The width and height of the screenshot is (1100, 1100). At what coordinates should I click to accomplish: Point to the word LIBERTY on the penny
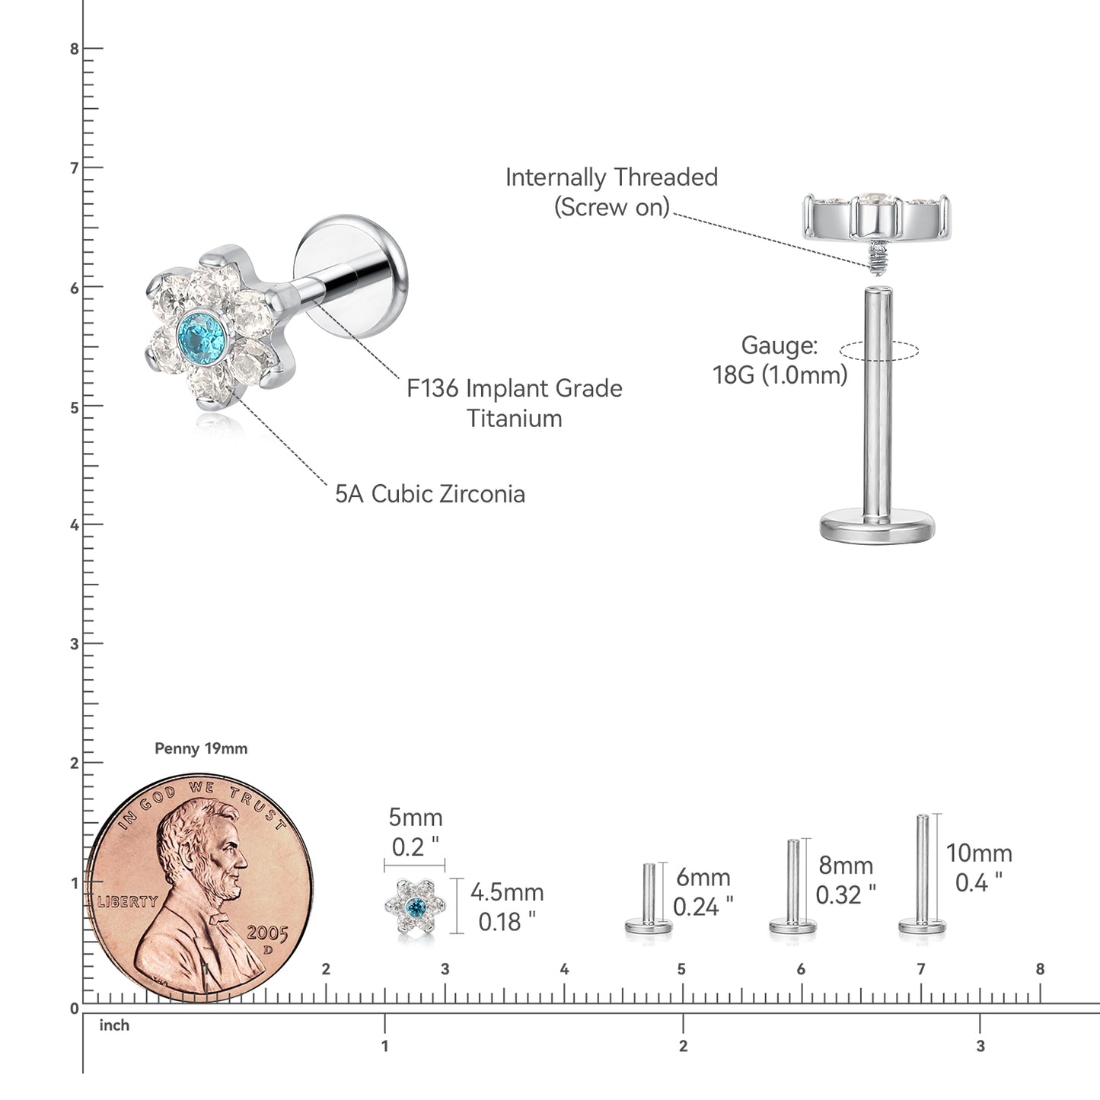pyautogui.click(x=127, y=902)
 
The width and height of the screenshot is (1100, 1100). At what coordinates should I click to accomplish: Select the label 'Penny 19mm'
pyautogui.click(x=201, y=748)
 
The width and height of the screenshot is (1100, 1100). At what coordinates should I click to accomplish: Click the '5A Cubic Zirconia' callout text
pyautogui.click(x=430, y=494)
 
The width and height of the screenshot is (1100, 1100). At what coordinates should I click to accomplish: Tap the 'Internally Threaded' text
pyautogui.click(x=611, y=177)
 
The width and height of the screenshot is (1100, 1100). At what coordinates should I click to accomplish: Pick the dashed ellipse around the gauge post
pyautogui.click(x=879, y=351)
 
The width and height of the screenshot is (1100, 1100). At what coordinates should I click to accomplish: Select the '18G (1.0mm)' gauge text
pyautogui.click(x=780, y=375)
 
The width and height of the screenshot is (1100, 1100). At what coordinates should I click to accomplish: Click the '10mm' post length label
pyautogui.click(x=979, y=853)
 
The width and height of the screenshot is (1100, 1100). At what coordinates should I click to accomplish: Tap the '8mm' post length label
pyautogui.click(x=846, y=866)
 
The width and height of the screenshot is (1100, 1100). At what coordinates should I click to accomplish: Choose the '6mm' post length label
pyautogui.click(x=703, y=877)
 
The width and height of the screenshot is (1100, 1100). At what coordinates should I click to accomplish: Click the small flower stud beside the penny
pyautogui.click(x=415, y=907)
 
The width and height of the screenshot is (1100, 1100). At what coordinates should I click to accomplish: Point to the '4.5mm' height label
pyautogui.click(x=507, y=892)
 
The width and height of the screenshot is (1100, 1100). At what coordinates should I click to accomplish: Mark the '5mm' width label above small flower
pyautogui.click(x=416, y=818)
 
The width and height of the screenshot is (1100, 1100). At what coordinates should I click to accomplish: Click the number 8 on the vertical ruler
pyautogui.click(x=74, y=49)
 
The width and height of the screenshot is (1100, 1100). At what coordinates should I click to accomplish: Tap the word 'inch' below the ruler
pyautogui.click(x=114, y=1025)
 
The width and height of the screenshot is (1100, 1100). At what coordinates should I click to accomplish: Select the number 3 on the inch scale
pyautogui.click(x=980, y=1046)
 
